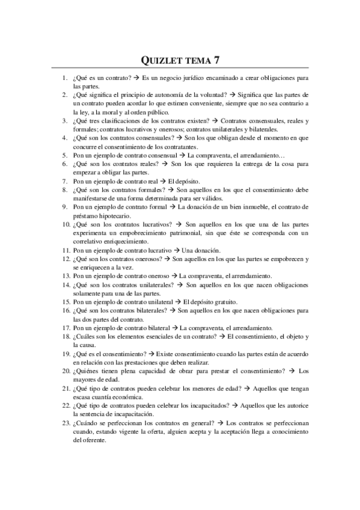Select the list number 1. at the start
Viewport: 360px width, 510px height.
(x=65, y=78)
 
